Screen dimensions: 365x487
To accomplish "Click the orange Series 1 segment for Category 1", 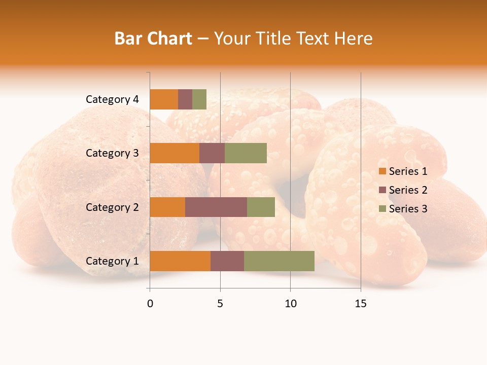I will tap(180, 261).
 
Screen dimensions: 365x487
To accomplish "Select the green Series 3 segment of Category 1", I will tap(279, 261).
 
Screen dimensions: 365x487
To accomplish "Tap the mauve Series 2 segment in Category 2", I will tap(216, 207).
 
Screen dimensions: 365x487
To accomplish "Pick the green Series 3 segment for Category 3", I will tap(246, 153).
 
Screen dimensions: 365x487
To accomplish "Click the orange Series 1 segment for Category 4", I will tap(164, 99).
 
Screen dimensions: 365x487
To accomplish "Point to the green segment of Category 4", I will tap(199, 99).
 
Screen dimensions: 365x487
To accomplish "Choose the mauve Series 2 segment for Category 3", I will tap(212, 153).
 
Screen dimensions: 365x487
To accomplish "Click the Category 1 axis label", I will tap(112, 261).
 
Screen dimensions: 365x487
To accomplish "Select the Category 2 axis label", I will tap(112, 207).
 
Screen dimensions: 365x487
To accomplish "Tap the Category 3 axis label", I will tap(112, 153).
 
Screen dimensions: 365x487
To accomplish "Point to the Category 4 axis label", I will tap(112, 99).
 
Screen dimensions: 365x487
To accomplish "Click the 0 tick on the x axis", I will tap(150, 304).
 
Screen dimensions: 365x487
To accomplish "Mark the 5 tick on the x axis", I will tap(220, 304).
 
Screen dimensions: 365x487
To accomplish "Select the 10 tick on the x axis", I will tap(290, 304).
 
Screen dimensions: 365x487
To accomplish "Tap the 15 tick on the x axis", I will tap(361, 304).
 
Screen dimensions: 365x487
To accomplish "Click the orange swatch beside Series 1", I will tap(382, 171).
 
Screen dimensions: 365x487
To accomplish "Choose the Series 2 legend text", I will tap(408, 190).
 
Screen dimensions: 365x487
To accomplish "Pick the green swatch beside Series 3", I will tap(382, 209).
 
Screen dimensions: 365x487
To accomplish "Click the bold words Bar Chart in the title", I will tap(153, 39).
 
